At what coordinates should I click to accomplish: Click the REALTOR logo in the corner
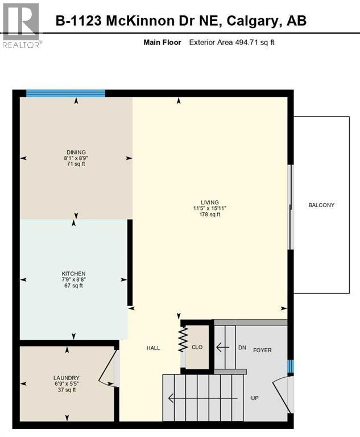click(20, 24)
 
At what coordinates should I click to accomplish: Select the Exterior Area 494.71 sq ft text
click(231, 43)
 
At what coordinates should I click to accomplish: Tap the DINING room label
click(76, 152)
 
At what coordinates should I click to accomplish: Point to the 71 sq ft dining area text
click(76, 164)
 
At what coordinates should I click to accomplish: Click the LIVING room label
click(209, 201)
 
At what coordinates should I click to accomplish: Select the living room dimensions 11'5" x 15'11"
click(209, 208)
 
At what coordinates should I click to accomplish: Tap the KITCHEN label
click(74, 274)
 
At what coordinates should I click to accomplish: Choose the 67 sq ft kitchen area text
click(74, 286)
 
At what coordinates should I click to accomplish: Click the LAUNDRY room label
click(67, 378)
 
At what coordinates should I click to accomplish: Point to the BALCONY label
click(321, 205)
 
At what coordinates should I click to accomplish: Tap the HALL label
click(153, 348)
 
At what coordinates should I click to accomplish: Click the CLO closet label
click(197, 347)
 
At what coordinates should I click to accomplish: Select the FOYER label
click(262, 350)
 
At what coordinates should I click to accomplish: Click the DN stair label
click(242, 347)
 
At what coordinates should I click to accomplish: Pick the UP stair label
click(255, 398)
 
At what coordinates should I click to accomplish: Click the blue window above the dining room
click(65, 94)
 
